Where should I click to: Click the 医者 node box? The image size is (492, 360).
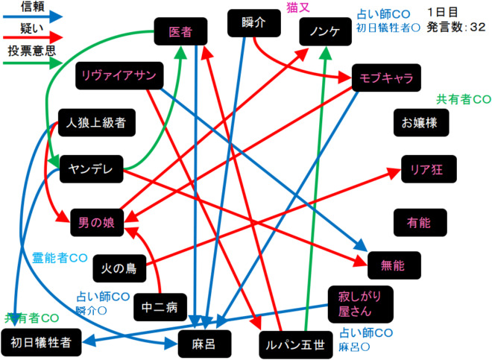[181, 32]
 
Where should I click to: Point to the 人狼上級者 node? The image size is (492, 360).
[95, 122]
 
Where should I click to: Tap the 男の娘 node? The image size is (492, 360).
[97, 221]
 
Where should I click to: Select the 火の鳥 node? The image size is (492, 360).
[119, 266]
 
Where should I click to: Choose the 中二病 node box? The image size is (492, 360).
[158, 306]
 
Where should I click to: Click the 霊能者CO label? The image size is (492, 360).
[60, 259]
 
